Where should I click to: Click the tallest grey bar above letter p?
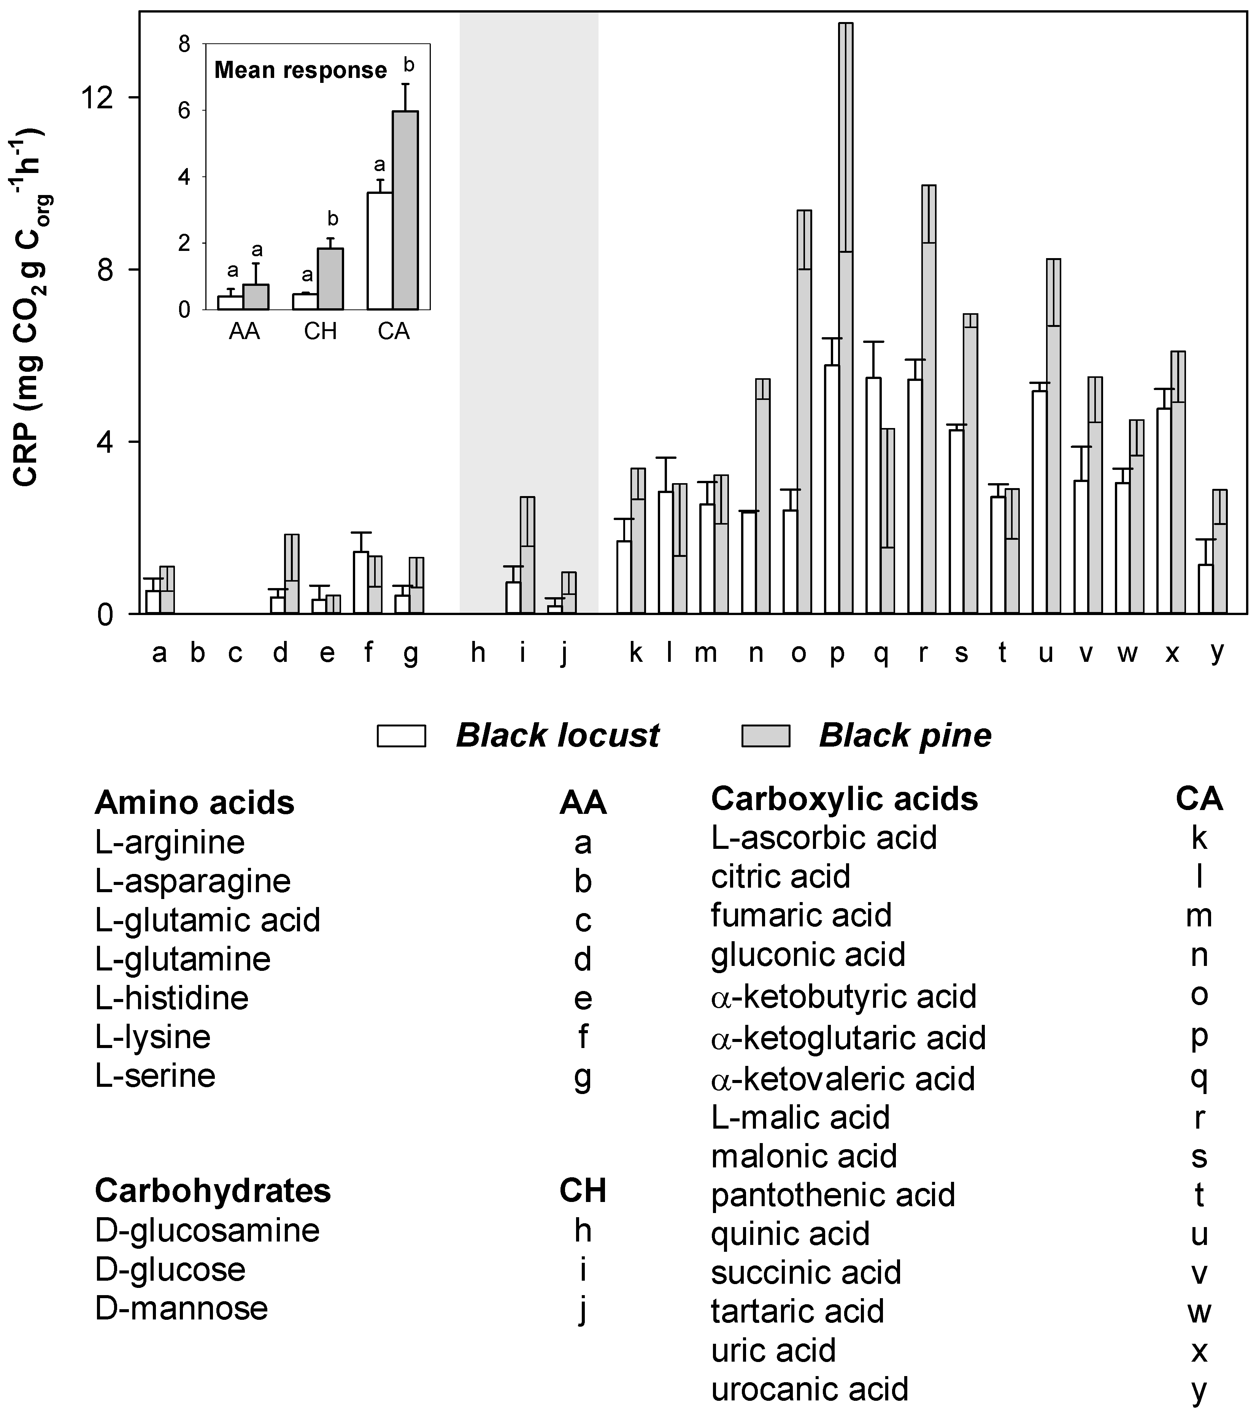point(845,319)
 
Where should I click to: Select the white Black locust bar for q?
point(874,495)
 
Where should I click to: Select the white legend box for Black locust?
point(401,736)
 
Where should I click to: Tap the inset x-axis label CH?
point(320,332)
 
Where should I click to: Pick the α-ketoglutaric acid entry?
point(848,1038)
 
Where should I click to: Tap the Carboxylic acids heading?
point(844,799)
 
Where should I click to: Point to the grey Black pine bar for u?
point(1053,436)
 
